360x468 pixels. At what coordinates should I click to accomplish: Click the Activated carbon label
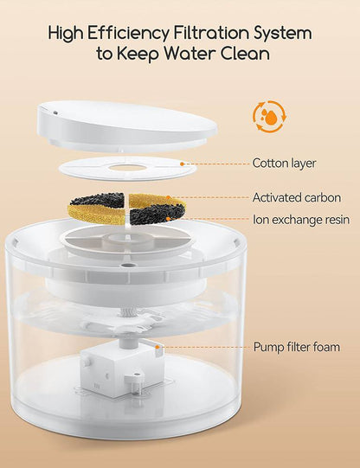click(x=296, y=198)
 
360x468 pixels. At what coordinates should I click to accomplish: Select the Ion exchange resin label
click(x=300, y=219)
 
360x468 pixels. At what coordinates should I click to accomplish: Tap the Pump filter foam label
click(x=296, y=347)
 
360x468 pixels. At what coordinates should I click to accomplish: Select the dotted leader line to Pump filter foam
click(x=203, y=347)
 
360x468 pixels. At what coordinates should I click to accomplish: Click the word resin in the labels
click(x=333, y=219)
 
